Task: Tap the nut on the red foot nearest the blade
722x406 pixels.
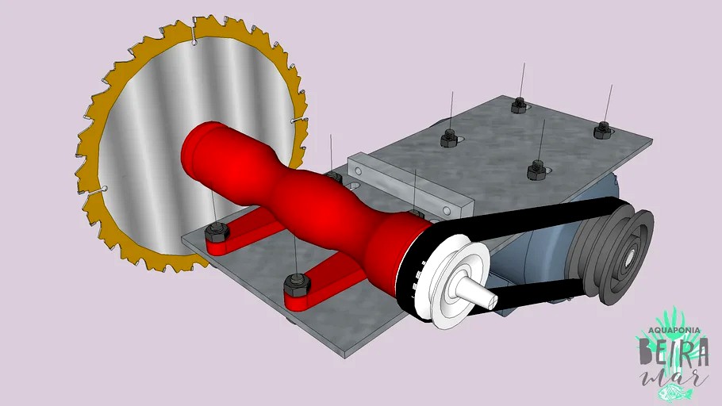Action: click(215, 232)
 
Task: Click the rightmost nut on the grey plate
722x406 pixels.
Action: click(602, 128)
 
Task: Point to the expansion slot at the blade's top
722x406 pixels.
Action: click(194, 33)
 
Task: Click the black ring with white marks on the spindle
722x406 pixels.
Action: click(414, 270)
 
